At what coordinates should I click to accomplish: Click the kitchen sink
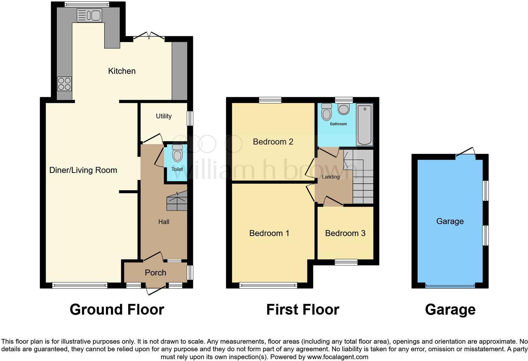point(89,15)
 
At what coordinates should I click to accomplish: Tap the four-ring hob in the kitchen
point(64,84)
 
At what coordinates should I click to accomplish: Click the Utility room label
point(164,116)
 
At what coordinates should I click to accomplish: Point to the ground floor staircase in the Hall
point(177,202)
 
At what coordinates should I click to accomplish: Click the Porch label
point(155,273)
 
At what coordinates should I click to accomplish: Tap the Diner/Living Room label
point(83,170)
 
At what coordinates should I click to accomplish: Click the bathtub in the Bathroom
point(364,125)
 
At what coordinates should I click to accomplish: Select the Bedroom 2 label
point(273,142)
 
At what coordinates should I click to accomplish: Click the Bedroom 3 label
point(345,233)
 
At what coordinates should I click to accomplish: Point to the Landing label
point(331,177)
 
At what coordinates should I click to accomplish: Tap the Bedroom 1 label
point(269,233)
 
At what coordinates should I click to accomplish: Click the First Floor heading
point(303,310)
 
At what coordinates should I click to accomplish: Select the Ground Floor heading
point(117,310)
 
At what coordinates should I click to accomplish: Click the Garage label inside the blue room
point(450,221)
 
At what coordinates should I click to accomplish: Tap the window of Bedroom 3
point(346,262)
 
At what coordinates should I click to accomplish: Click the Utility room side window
point(190,118)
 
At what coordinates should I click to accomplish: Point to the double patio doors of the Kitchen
point(149,37)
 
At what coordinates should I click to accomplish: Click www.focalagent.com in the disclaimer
point(338,357)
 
